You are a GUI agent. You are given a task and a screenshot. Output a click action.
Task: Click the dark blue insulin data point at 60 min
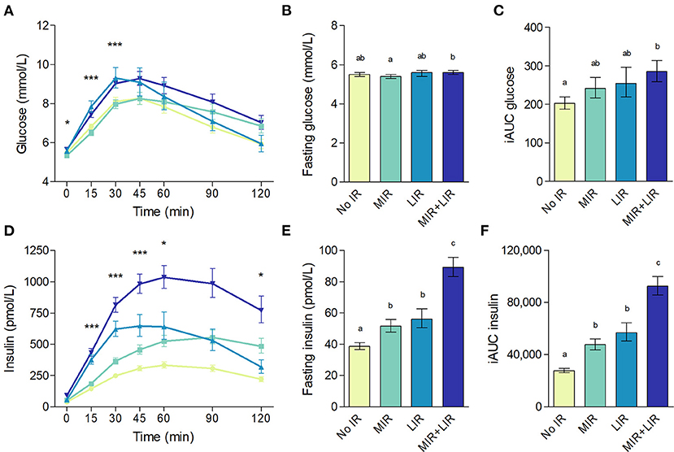coord(165,277)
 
